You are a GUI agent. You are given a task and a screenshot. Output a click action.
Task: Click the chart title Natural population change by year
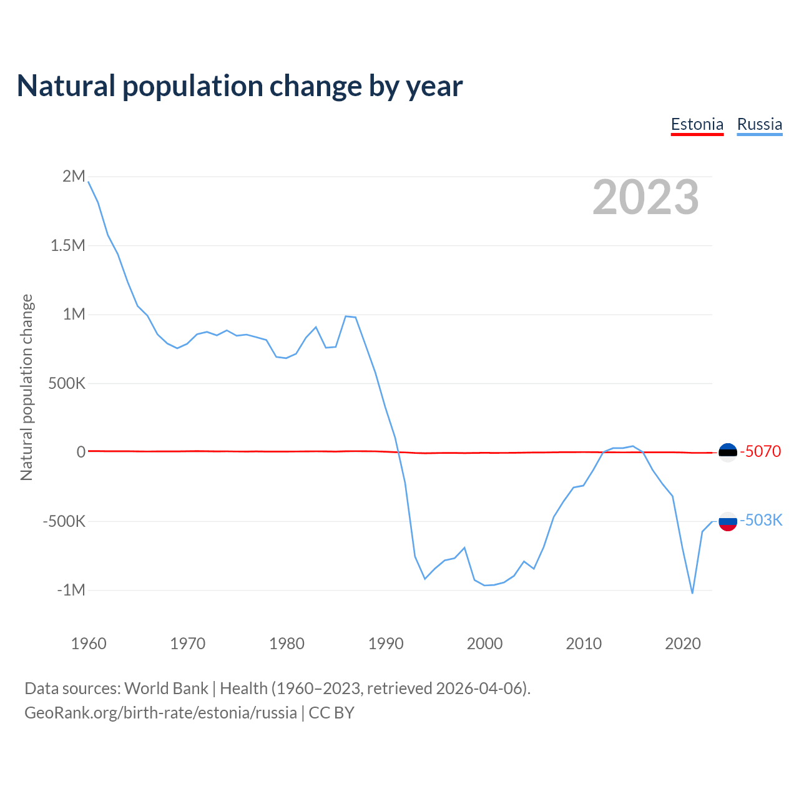click(240, 86)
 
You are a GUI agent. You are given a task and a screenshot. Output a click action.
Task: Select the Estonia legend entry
click(697, 124)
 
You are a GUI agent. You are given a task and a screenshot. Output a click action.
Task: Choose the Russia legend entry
click(759, 124)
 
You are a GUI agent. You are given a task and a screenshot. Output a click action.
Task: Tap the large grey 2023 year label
click(645, 197)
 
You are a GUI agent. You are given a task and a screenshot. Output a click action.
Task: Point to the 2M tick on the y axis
click(74, 176)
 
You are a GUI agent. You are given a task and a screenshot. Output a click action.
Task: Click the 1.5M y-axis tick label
click(67, 245)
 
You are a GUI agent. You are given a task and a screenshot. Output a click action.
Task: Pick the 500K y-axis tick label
click(67, 383)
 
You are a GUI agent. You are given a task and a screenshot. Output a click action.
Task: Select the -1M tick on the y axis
click(71, 590)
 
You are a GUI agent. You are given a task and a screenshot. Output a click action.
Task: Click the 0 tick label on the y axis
click(81, 452)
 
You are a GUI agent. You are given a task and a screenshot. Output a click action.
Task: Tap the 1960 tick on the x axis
click(89, 644)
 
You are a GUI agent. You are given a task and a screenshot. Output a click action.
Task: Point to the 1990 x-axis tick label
click(386, 644)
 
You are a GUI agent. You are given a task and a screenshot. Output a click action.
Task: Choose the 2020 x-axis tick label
click(683, 644)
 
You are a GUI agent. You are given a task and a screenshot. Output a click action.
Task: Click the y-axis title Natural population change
click(27, 388)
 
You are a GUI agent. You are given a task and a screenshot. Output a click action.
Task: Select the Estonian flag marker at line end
click(728, 452)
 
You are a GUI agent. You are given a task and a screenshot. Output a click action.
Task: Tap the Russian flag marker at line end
click(728, 521)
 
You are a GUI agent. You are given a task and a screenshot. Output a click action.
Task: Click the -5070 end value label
click(760, 451)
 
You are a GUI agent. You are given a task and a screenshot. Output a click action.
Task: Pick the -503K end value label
click(761, 520)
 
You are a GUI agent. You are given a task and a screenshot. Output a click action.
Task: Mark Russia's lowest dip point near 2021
click(692, 593)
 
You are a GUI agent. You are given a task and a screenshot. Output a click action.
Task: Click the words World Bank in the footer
click(166, 689)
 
